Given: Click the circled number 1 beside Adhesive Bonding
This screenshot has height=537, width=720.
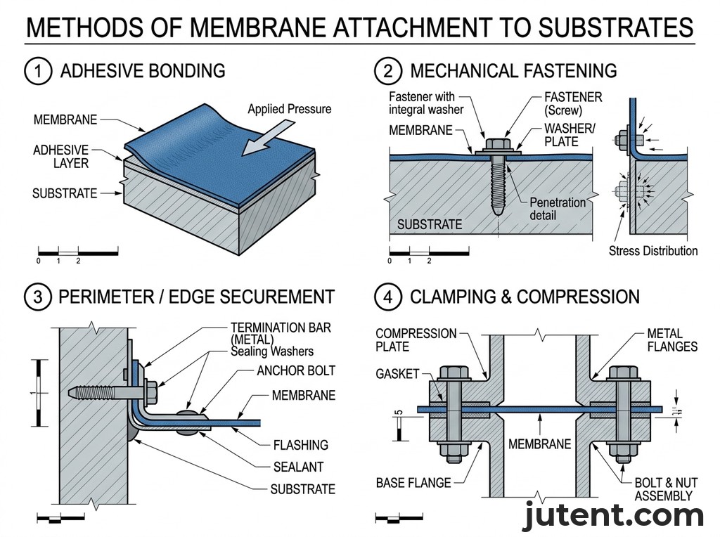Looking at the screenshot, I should coord(37,71).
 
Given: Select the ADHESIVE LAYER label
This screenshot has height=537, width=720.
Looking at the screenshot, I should coord(60,157).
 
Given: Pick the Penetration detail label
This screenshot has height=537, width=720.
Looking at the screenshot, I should coord(557,207).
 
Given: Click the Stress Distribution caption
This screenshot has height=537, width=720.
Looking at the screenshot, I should coord(653,251).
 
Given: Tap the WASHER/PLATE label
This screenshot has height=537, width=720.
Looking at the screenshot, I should coord(570,135).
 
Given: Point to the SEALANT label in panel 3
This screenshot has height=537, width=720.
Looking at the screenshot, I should coord(298,467).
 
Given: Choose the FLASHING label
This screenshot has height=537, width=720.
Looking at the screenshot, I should coord(300,444).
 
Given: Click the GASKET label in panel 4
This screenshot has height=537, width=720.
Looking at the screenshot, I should coord(397,375).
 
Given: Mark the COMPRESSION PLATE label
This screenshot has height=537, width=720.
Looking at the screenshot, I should coord(416,339).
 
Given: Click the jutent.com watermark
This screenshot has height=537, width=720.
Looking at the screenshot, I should coord(613,517).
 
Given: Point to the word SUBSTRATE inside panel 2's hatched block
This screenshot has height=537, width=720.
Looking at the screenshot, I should coord(430,225).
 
